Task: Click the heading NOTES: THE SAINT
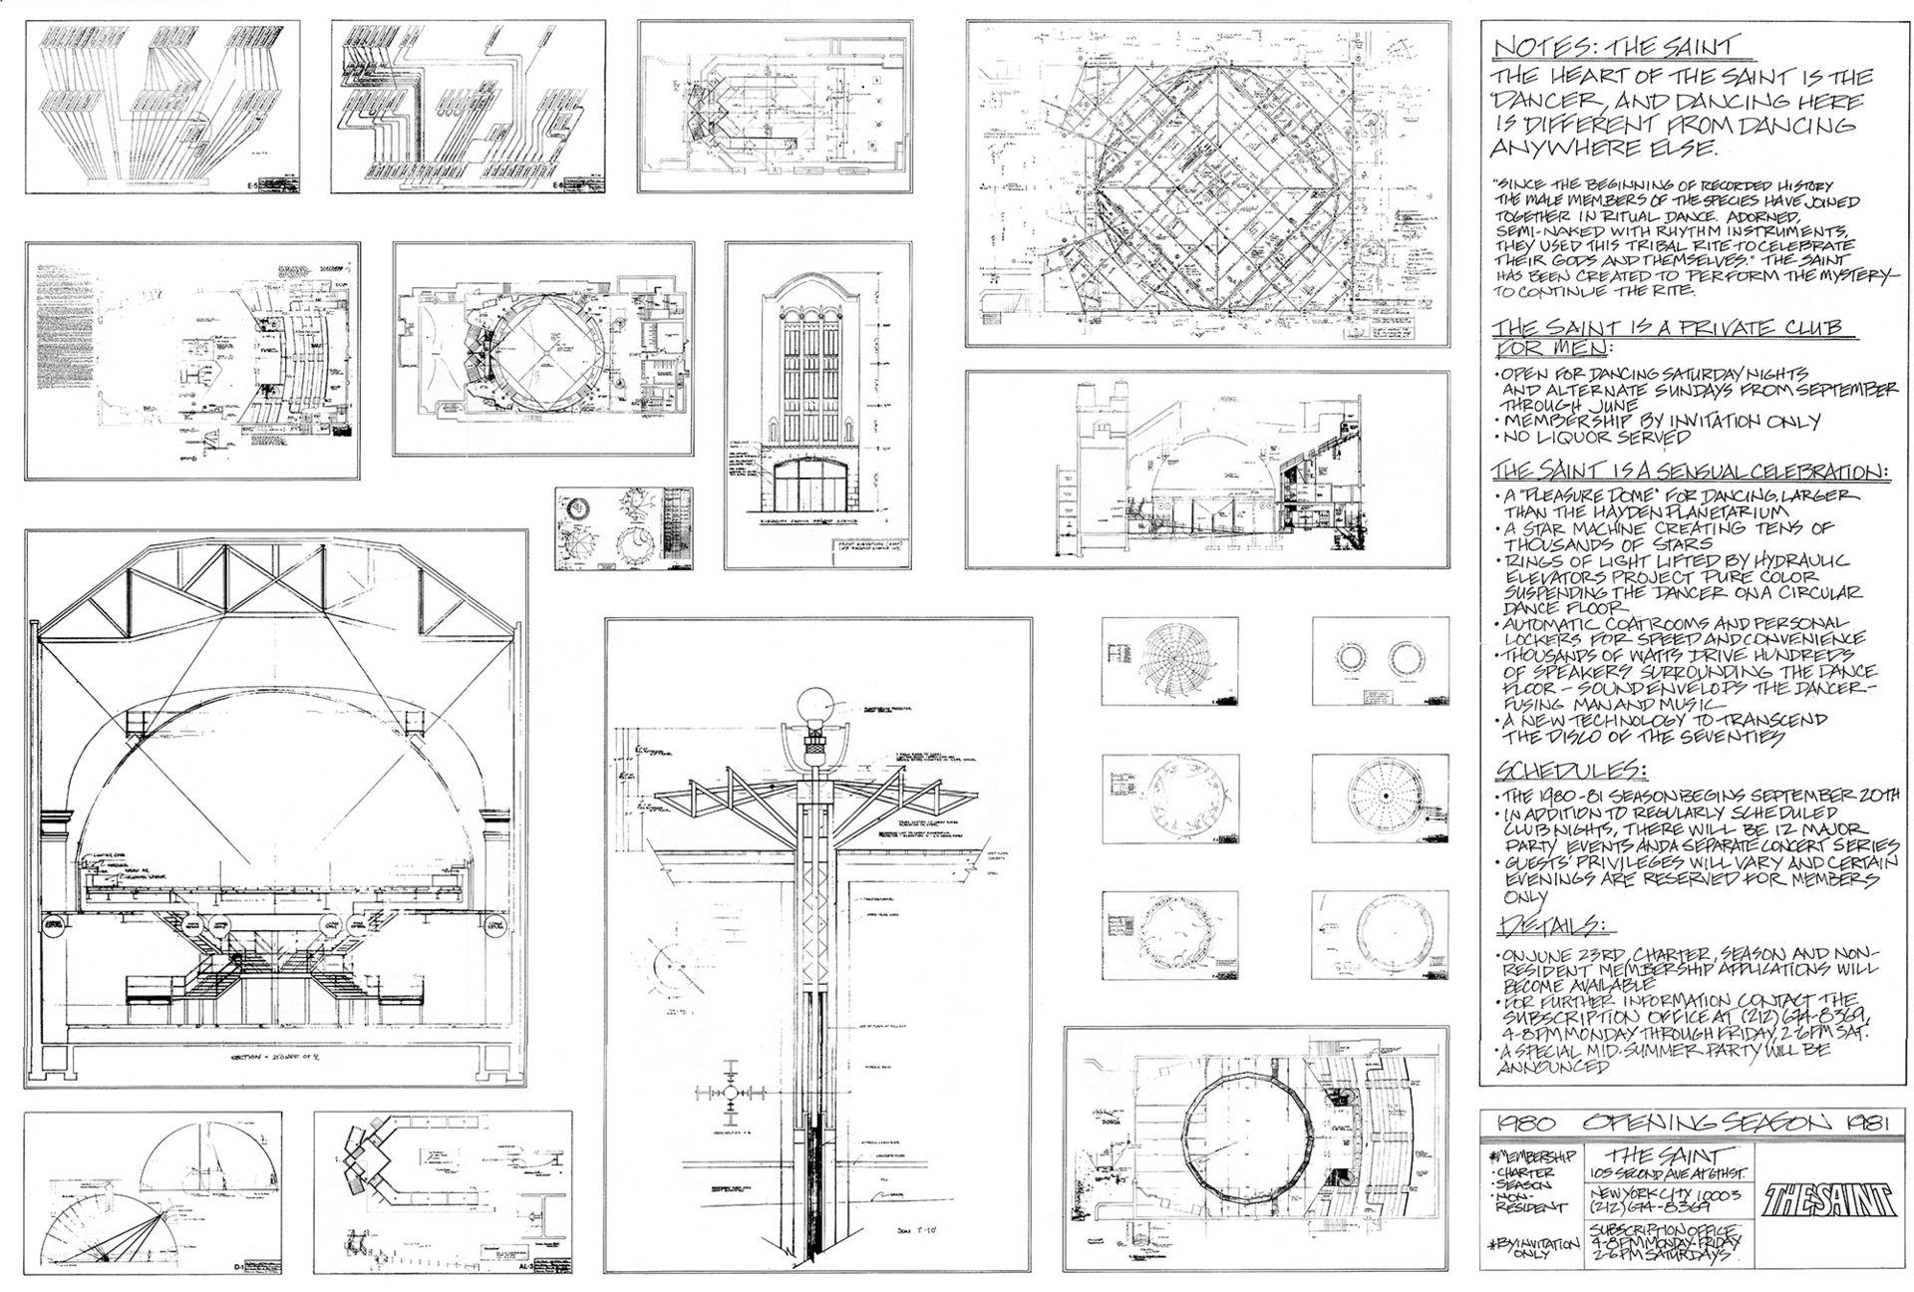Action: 1614,47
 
